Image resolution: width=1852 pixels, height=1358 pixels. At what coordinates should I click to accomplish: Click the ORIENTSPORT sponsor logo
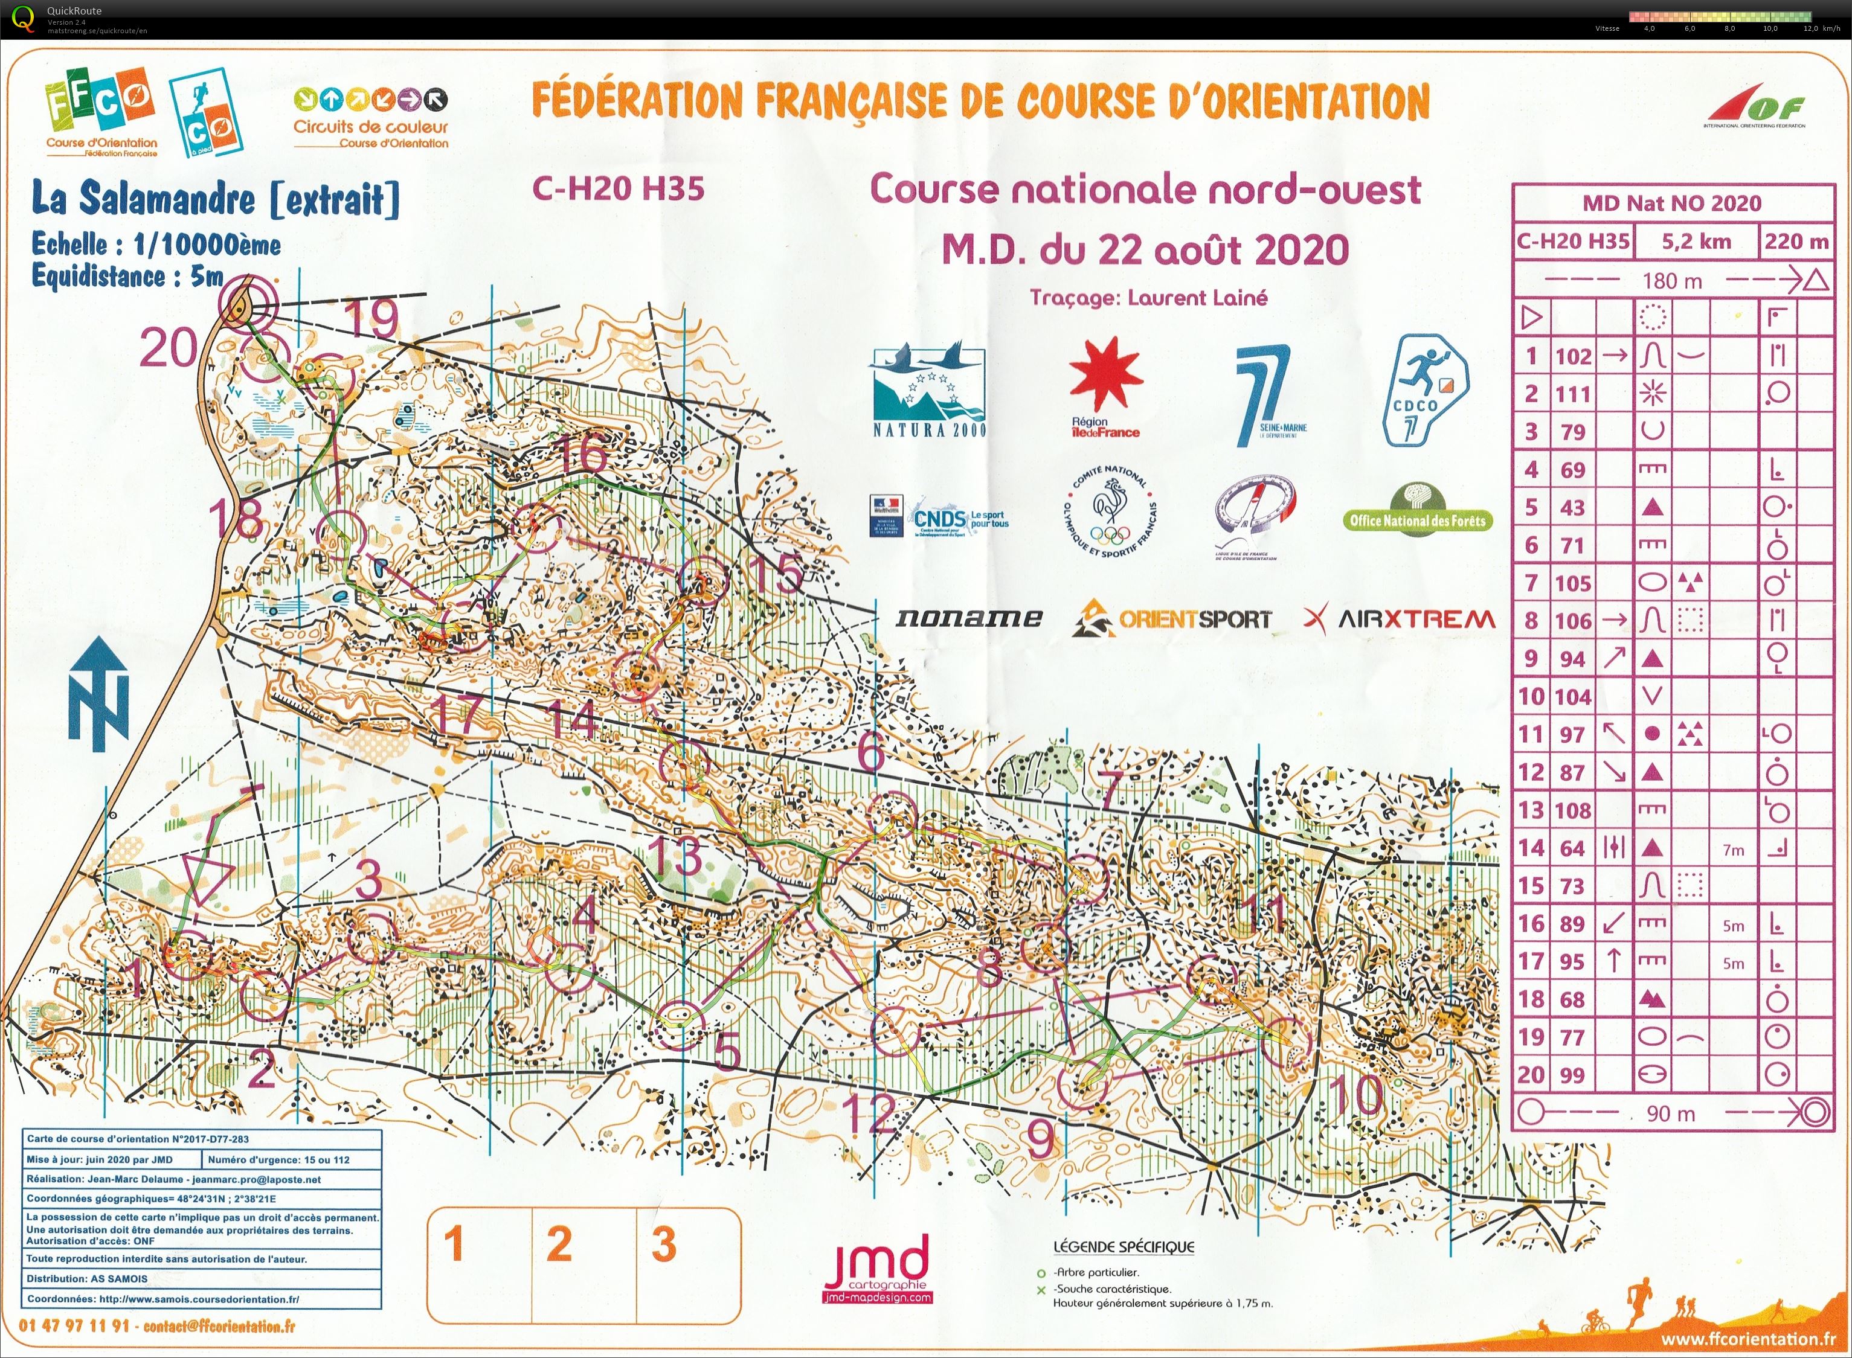tap(1171, 619)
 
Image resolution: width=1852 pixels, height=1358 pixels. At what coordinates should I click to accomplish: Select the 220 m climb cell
tap(1795, 242)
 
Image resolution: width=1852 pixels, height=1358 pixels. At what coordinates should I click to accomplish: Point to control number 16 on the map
tap(585, 455)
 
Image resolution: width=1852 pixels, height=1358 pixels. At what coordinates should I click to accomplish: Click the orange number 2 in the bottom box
tap(559, 1244)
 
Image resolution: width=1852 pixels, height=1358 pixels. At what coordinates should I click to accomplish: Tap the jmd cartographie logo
tap(876, 1267)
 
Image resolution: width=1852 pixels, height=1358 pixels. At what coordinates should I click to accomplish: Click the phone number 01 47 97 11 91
tap(74, 1326)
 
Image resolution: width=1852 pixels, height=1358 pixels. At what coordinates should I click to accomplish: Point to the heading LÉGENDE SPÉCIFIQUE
tap(1124, 1246)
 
